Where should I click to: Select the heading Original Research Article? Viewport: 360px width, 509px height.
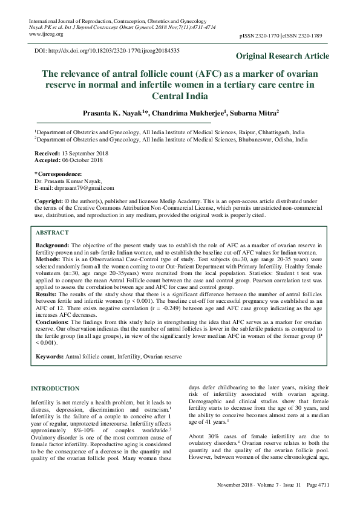[283, 56]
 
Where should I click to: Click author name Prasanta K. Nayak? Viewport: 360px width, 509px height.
[111, 112]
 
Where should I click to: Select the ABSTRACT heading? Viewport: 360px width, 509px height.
[52, 233]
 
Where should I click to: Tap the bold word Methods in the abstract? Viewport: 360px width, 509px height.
[48, 258]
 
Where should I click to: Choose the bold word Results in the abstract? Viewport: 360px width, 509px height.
[47, 293]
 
